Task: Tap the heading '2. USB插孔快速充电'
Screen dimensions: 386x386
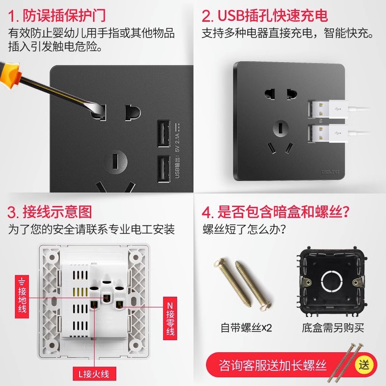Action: [264, 15]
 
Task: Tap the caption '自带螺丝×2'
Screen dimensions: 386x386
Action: [247, 328]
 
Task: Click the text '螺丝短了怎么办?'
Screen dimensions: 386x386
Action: [243, 229]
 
